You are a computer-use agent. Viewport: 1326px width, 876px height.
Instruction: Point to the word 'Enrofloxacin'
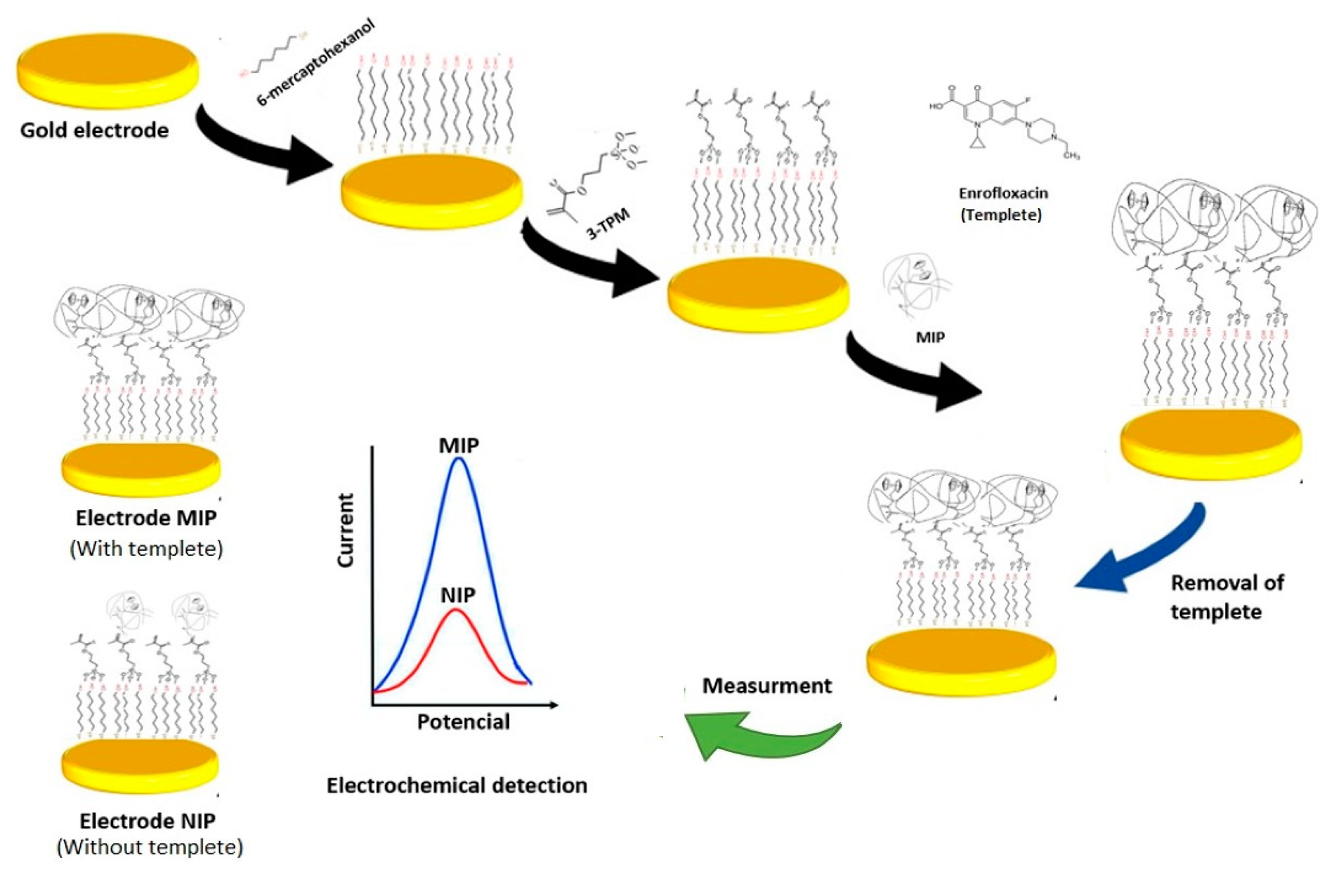[1003, 193]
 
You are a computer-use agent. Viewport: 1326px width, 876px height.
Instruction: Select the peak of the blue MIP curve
[459, 459]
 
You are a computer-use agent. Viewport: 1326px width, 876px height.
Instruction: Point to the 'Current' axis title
[346, 531]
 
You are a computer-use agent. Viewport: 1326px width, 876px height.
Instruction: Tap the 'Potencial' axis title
[463, 722]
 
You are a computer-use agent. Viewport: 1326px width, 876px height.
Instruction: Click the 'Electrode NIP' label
[148, 821]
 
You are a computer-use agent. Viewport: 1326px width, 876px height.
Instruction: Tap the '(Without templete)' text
[150, 847]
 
